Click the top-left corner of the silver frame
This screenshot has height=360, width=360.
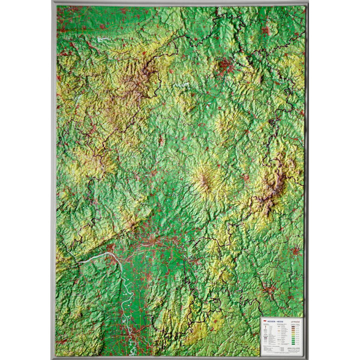click(x=53, y=2)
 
